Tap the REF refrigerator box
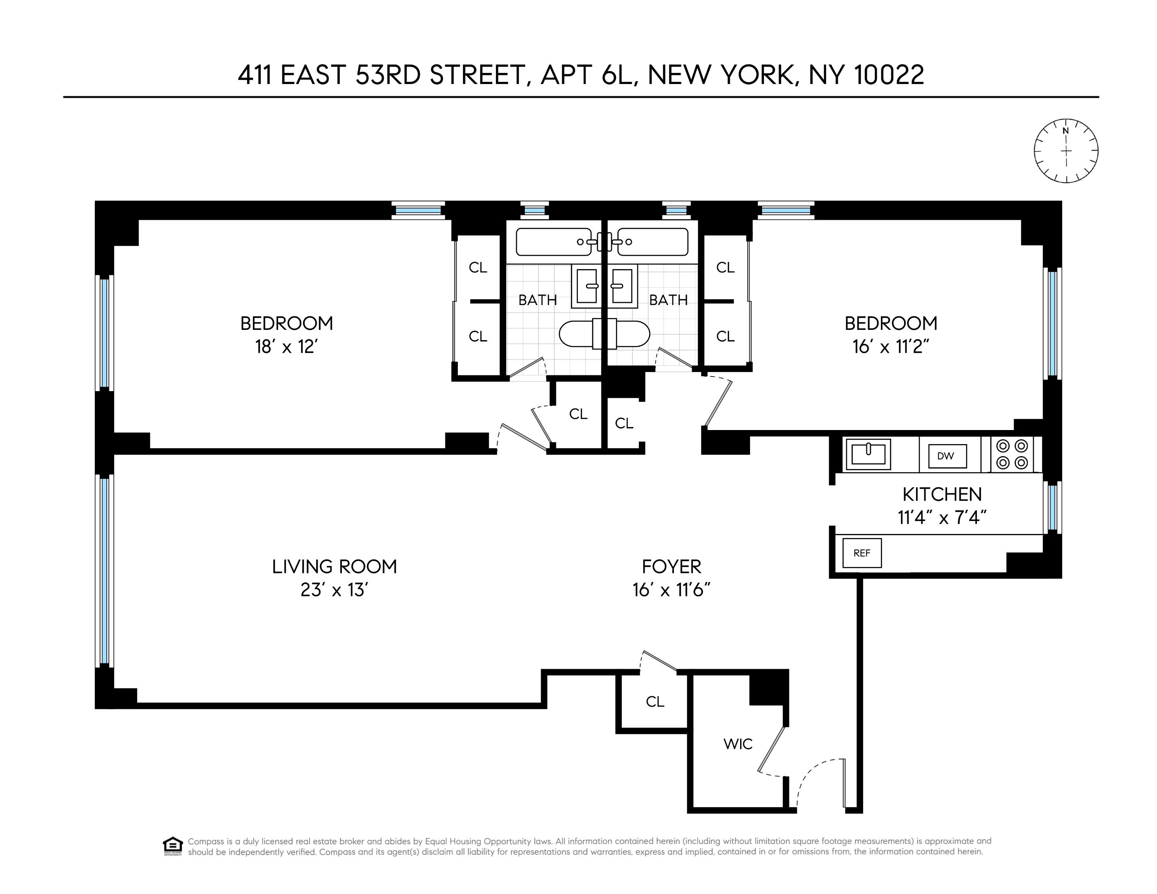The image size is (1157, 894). click(862, 553)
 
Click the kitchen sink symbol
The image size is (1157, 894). click(868, 454)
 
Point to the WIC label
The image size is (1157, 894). click(738, 744)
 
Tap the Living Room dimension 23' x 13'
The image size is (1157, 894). click(334, 589)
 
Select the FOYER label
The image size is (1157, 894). click(671, 567)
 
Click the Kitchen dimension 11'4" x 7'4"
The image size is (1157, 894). click(942, 517)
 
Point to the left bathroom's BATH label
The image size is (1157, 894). click(537, 300)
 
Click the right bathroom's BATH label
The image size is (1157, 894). click(668, 300)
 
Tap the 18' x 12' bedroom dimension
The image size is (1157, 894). click(286, 347)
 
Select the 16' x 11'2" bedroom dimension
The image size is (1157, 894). click(890, 347)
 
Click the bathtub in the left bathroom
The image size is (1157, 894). click(552, 242)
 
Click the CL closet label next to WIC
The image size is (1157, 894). click(655, 702)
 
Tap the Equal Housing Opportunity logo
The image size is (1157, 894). click(173, 846)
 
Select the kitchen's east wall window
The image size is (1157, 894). click(1052, 507)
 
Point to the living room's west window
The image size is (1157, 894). click(104, 571)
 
